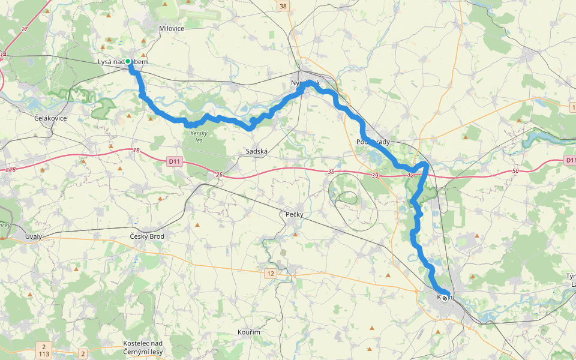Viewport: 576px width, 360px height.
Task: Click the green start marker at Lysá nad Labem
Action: click(x=128, y=61)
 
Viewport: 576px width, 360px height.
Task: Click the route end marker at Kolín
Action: click(x=445, y=297)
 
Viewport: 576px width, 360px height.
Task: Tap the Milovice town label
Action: click(x=172, y=28)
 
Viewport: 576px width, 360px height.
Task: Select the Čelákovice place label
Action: click(x=50, y=118)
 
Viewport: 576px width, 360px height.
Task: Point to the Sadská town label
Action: click(x=257, y=152)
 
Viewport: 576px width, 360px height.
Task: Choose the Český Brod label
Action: click(x=147, y=236)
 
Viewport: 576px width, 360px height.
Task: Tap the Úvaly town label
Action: click(x=34, y=236)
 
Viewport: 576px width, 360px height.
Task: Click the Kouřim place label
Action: click(x=248, y=332)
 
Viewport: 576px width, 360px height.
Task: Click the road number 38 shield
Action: click(x=283, y=6)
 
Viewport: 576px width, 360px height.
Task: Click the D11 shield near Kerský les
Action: click(x=174, y=161)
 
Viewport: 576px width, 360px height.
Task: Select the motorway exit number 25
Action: click(x=219, y=175)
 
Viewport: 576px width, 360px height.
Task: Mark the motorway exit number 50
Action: click(x=515, y=172)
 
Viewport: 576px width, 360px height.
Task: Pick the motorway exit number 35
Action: click(x=331, y=172)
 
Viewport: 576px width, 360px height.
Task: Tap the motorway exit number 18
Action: click(x=137, y=150)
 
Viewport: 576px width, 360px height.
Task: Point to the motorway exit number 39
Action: click(x=375, y=175)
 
